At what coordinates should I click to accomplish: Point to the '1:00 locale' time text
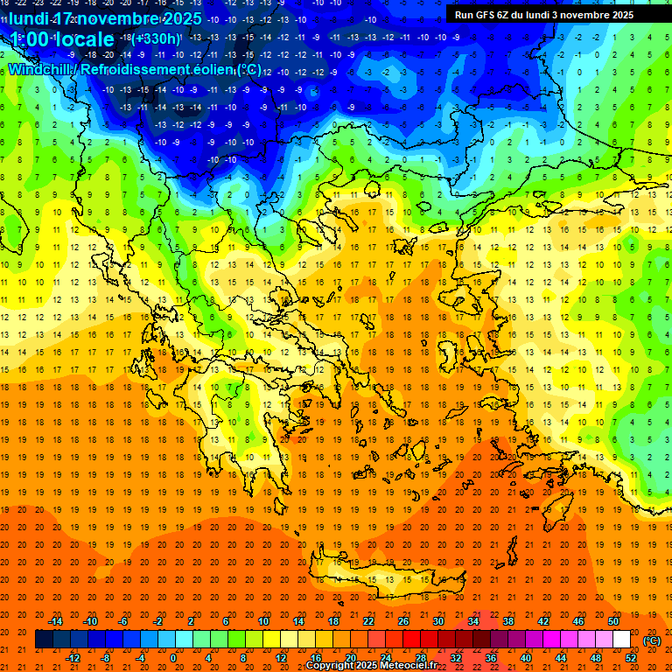pyautogui.click(x=61, y=39)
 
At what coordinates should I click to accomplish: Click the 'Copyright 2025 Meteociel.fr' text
pyautogui.click(x=372, y=666)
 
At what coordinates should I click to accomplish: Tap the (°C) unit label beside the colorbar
pyautogui.click(x=652, y=640)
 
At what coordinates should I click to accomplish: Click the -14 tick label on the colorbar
pyautogui.click(x=57, y=621)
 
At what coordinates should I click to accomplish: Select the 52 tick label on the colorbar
pyautogui.click(x=631, y=658)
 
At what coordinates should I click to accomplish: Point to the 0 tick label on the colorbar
pyautogui.click(x=173, y=658)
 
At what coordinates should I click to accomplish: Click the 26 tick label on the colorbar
pyautogui.click(x=403, y=621)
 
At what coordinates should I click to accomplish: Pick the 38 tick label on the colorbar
pyautogui.click(x=507, y=621)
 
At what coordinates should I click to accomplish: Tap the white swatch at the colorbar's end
pyautogui.click(x=622, y=640)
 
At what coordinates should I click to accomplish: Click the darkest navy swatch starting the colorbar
pyautogui.click(x=44, y=640)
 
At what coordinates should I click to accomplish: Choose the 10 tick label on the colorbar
pyautogui.click(x=263, y=621)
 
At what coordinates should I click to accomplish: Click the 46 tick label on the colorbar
pyautogui.click(x=577, y=621)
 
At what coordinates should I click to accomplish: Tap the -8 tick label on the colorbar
pyautogui.click(x=105, y=658)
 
